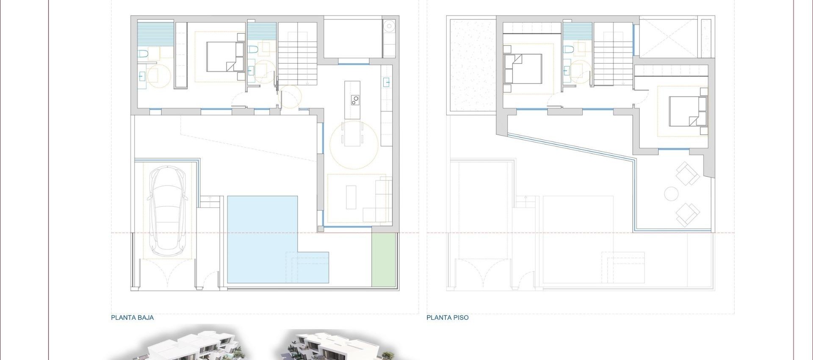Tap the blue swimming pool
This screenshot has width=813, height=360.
click(263, 237)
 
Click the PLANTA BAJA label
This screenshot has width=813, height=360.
click(132, 318)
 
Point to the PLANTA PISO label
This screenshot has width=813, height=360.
click(448, 318)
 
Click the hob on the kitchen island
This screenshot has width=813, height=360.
click(354, 100)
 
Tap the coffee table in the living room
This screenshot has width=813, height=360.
click(351, 197)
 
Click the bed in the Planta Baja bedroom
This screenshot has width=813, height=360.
click(224, 56)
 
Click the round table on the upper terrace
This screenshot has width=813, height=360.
click(671, 194)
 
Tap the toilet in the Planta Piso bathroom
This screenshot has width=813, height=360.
click(569, 50)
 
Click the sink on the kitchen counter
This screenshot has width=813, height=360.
click(387, 82)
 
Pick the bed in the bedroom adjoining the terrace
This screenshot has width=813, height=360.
click(687, 111)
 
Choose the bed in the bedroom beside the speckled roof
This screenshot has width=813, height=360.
click(523, 68)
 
